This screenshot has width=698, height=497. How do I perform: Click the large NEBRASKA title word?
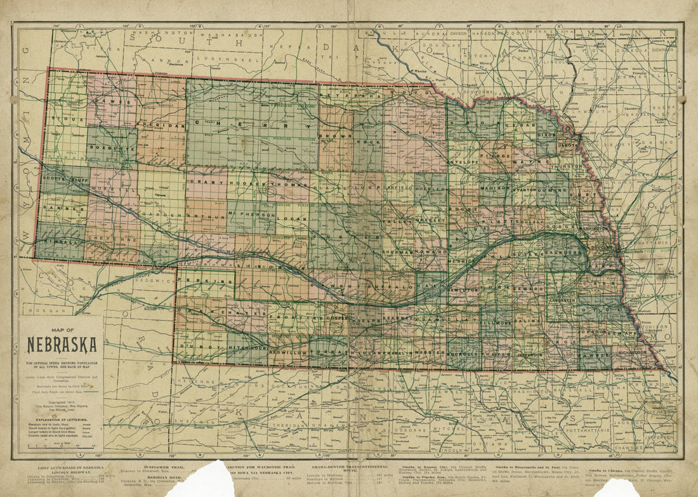point(62,345)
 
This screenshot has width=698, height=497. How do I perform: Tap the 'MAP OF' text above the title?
point(61,330)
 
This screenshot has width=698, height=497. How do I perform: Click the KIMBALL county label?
point(55,242)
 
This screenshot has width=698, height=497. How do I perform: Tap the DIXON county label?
point(547,135)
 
